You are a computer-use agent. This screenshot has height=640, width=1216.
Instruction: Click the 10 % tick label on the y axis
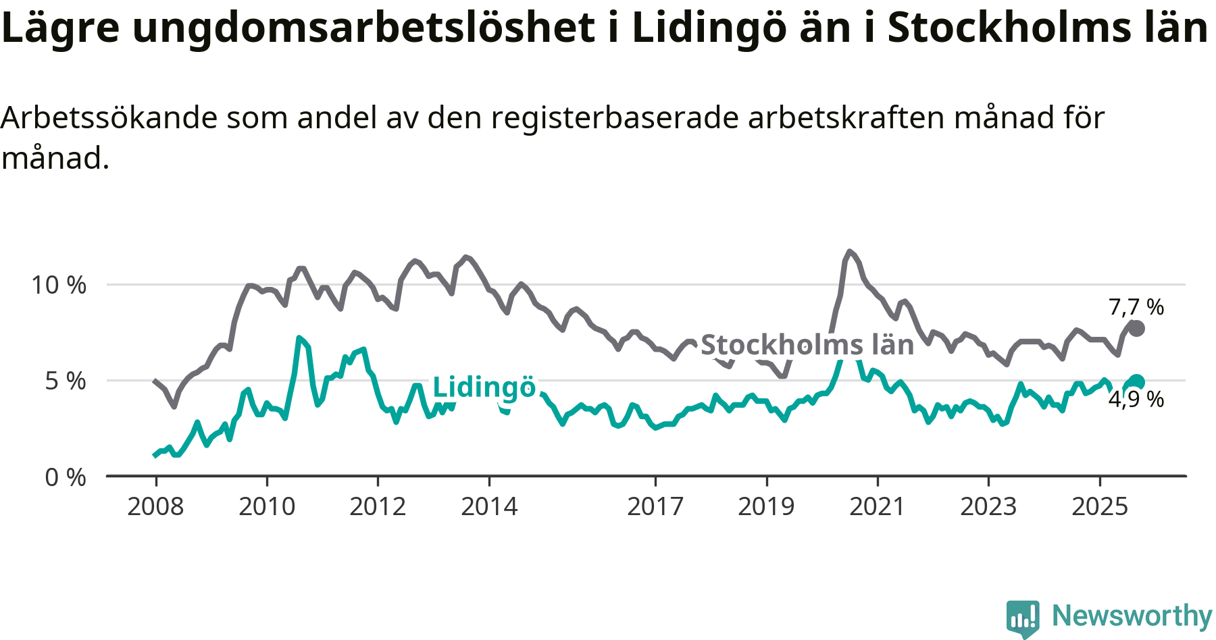(x=59, y=285)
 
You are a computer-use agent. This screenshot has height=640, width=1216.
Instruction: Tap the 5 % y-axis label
(x=66, y=381)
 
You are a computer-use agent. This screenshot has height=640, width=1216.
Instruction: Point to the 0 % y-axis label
(x=66, y=478)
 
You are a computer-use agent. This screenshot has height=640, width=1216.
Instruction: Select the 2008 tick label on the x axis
(x=155, y=506)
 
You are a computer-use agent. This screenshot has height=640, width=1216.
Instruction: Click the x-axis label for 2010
(x=267, y=506)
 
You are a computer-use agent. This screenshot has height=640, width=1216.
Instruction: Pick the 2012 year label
(x=378, y=506)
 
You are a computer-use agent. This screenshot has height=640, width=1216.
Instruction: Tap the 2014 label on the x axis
(x=489, y=506)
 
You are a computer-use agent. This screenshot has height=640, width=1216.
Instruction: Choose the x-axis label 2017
(x=655, y=506)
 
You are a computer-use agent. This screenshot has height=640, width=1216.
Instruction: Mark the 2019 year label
(x=766, y=506)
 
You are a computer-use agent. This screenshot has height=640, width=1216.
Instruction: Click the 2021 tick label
(x=877, y=506)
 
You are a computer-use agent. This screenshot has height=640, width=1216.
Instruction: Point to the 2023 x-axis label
(x=988, y=506)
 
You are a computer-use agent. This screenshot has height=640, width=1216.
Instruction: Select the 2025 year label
(x=1100, y=506)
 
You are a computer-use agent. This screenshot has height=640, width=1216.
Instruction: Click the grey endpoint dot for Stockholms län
(x=1137, y=329)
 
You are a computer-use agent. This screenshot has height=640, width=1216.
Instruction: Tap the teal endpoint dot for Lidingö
(x=1137, y=382)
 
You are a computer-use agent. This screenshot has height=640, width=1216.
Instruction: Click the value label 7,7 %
(x=1136, y=307)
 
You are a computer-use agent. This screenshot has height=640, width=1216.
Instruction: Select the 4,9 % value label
(x=1136, y=400)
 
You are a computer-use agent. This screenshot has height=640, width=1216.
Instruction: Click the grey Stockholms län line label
(x=807, y=345)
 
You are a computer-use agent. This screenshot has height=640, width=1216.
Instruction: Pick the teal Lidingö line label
(x=484, y=388)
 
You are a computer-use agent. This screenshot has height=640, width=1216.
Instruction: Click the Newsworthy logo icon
(x=1023, y=618)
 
